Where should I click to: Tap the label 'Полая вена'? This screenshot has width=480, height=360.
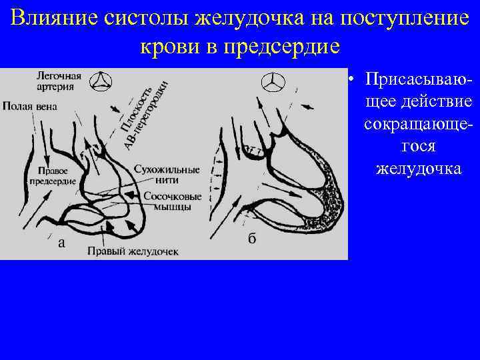pyautogui.click(x=29, y=105)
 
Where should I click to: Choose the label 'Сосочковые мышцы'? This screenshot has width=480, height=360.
pyautogui.click(x=166, y=202)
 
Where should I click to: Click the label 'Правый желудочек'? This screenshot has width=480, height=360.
pyautogui.click(x=132, y=251)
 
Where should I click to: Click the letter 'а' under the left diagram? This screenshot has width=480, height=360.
pyautogui.click(x=61, y=243)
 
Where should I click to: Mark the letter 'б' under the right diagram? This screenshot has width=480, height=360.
pyautogui.click(x=251, y=239)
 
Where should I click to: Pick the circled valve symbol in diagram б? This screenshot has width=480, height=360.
pyautogui.click(x=273, y=84)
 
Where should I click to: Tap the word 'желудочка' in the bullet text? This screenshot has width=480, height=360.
pyautogui.click(x=419, y=169)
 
